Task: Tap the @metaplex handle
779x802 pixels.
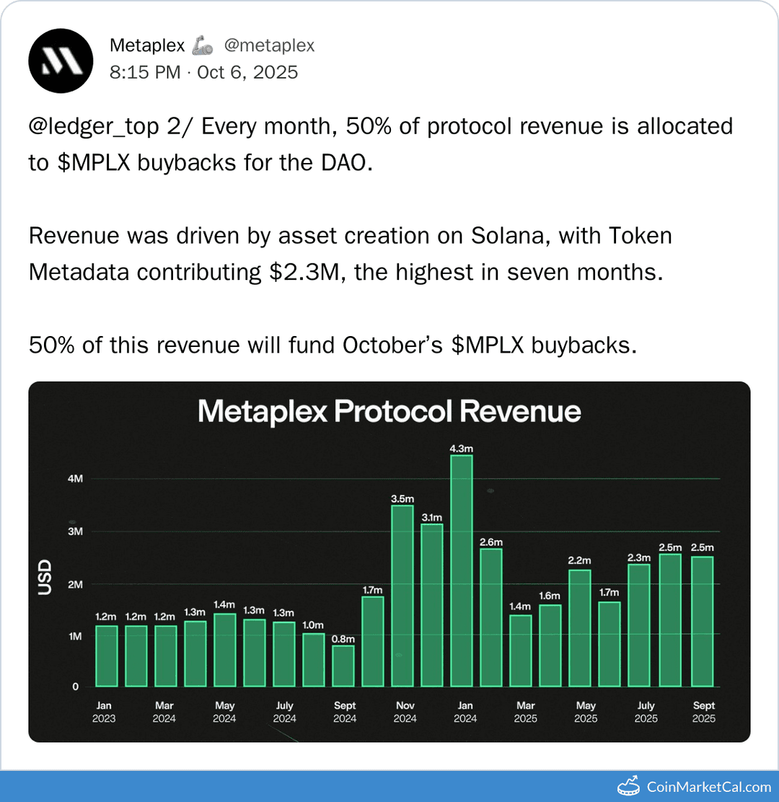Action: click(269, 45)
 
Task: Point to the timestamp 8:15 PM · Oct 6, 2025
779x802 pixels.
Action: click(203, 72)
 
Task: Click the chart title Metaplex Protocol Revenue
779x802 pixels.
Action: click(389, 411)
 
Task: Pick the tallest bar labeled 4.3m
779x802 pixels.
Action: click(461, 570)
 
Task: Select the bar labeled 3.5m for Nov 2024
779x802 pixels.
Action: click(402, 595)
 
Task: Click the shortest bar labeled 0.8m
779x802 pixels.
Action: click(343, 665)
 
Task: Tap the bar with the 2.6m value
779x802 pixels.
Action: click(490, 617)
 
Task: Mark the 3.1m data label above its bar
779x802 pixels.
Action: click(431, 517)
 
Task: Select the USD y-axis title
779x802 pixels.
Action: click(45, 577)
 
